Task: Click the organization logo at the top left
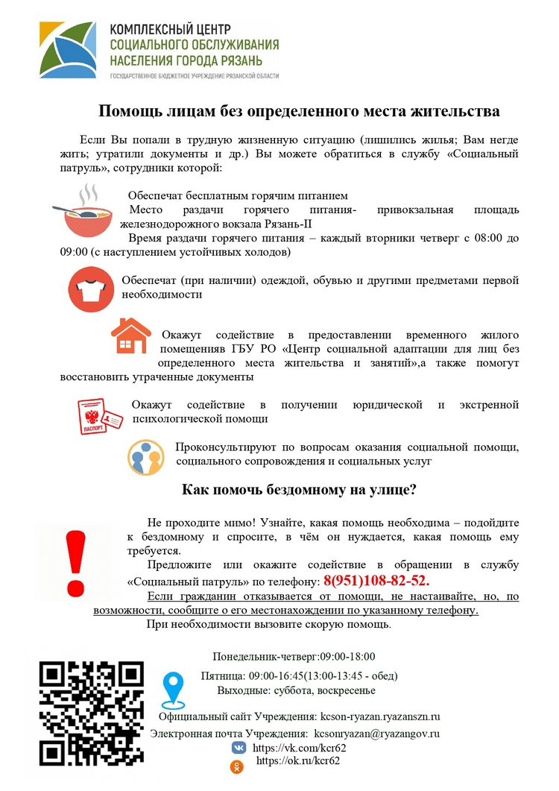click(x=67, y=50)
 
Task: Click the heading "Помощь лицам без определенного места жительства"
click(x=300, y=112)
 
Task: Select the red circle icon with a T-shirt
click(x=90, y=289)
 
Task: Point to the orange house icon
click(x=130, y=337)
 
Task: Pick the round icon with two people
click(x=146, y=457)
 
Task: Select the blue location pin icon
click(x=173, y=690)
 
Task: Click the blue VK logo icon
click(x=238, y=748)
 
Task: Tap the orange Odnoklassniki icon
click(x=238, y=765)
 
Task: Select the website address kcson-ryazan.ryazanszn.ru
click(x=380, y=716)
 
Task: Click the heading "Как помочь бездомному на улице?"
click(x=299, y=491)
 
